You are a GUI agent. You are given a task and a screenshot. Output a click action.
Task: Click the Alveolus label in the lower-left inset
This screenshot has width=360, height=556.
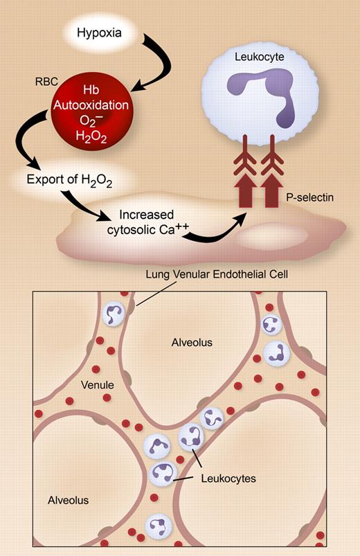point(68,499)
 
